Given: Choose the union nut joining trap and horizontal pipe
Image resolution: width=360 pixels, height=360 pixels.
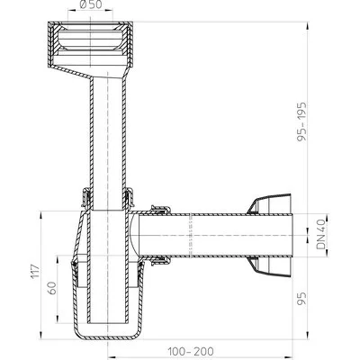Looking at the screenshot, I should pos(158,236).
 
